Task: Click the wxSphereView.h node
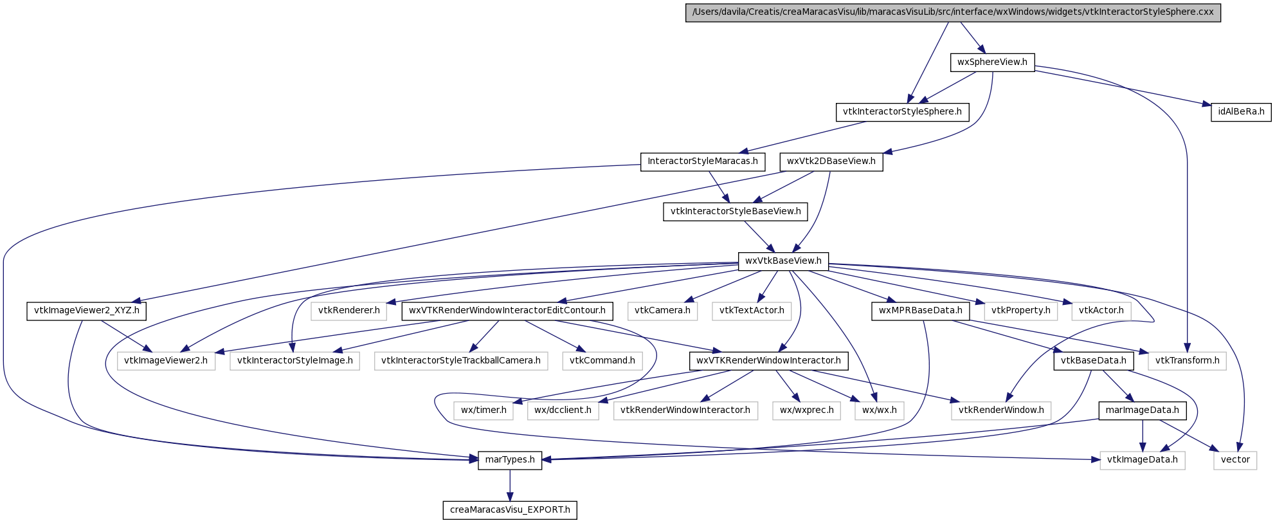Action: point(992,62)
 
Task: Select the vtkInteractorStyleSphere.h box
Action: point(902,112)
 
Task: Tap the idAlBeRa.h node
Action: point(1241,112)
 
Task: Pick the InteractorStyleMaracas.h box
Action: point(703,161)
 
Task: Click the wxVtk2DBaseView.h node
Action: point(831,161)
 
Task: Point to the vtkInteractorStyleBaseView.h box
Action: point(736,212)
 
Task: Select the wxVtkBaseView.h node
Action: point(783,261)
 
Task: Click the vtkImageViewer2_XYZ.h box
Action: point(87,311)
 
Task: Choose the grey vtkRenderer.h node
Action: point(349,311)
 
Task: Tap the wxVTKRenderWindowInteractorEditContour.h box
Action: point(507,311)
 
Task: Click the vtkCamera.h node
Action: point(662,311)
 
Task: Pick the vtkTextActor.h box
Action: point(752,311)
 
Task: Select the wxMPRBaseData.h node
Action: point(920,311)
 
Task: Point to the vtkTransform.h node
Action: point(1187,361)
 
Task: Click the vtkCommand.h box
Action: point(602,361)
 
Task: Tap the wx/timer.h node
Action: point(484,410)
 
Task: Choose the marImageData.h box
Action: point(1142,410)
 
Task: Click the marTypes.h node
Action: point(510,460)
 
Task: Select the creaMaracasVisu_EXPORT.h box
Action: point(510,510)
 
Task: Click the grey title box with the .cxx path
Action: point(953,12)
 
